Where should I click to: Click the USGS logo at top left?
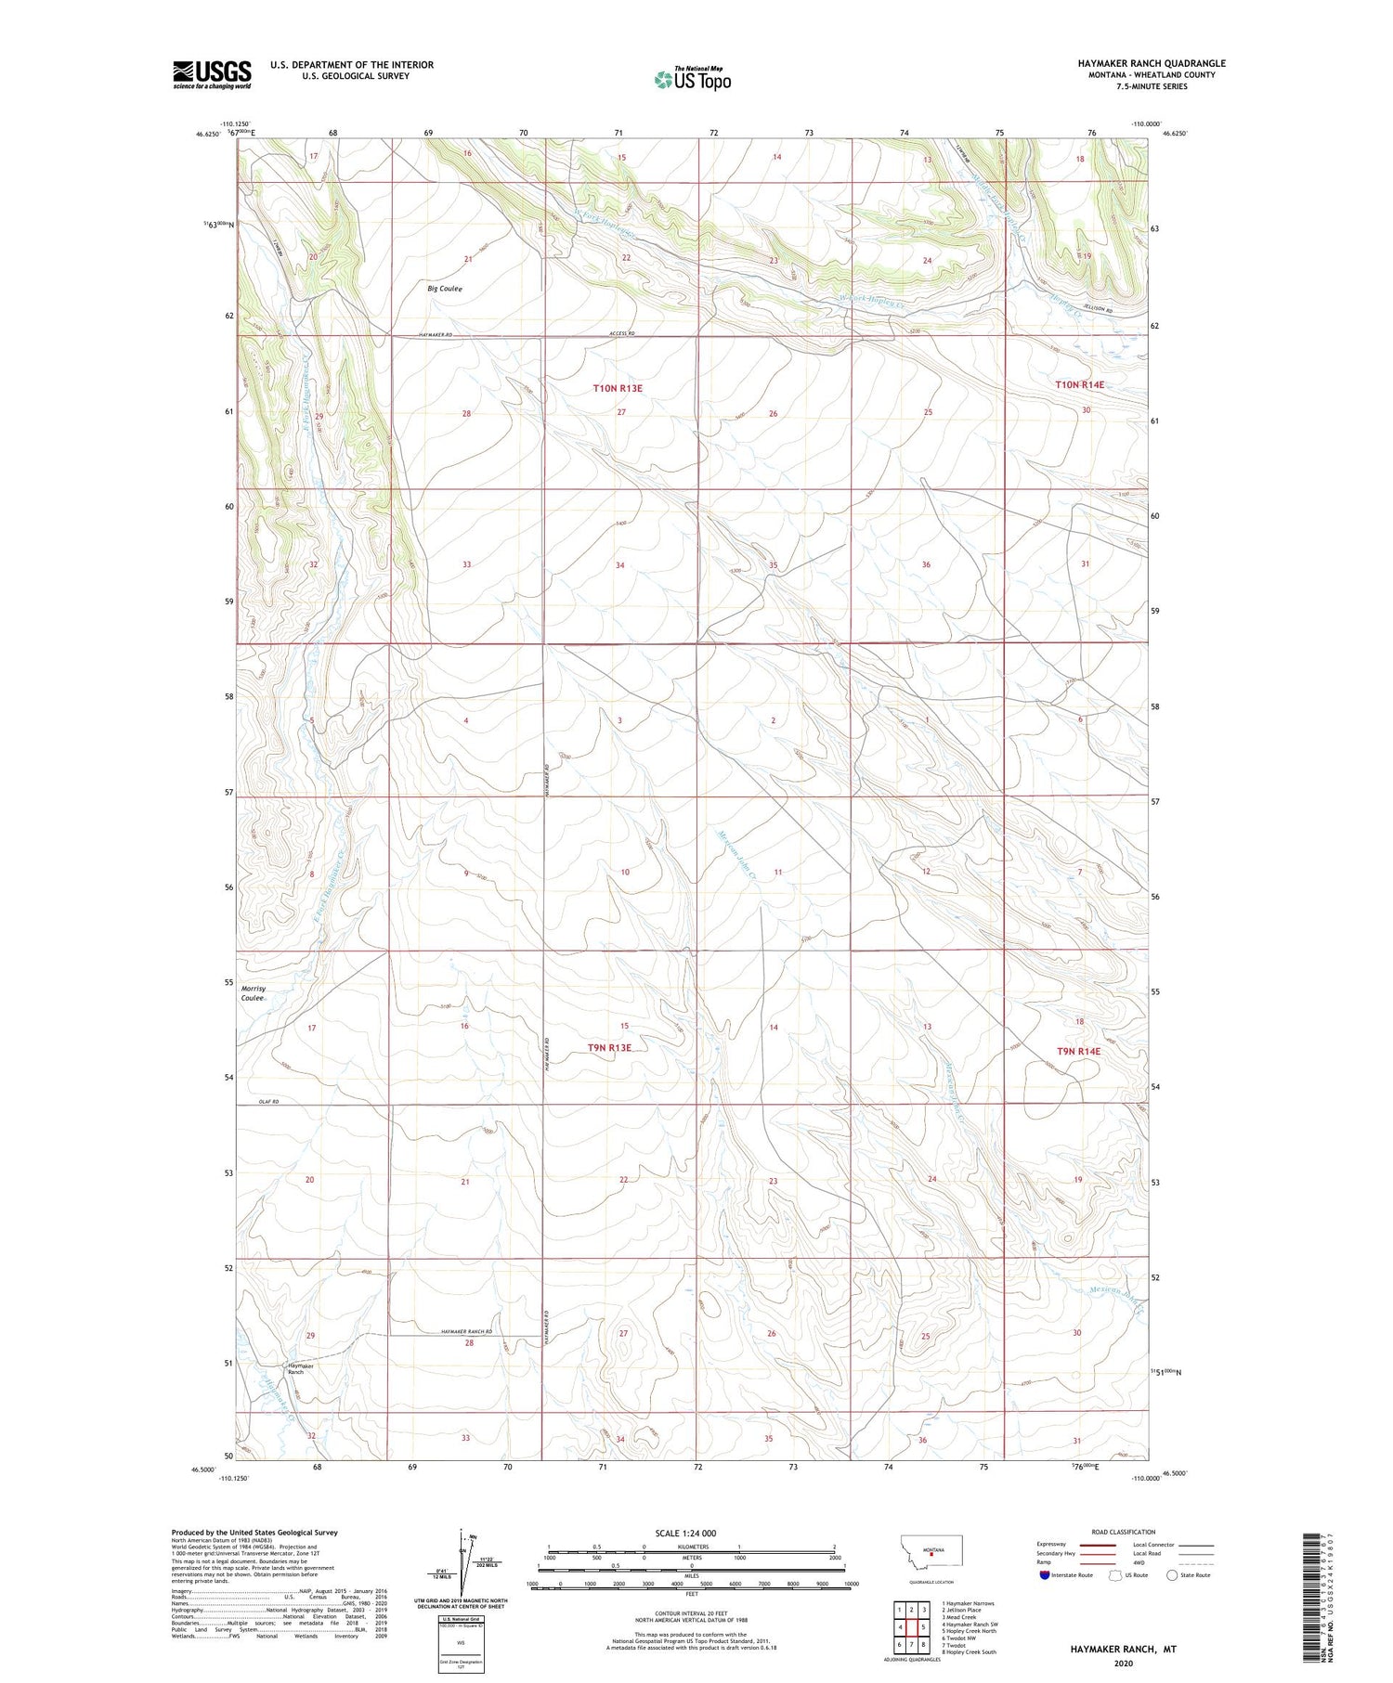tap(212, 74)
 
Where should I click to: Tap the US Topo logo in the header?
tap(692, 80)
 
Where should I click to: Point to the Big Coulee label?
tap(445, 289)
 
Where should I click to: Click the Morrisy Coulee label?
tap(254, 993)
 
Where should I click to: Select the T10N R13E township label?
tap(618, 388)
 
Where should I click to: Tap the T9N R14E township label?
tap(1078, 1051)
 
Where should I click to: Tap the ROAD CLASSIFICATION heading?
tap(1124, 1532)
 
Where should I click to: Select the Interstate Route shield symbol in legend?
tap(1045, 1575)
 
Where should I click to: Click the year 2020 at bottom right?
tap(1122, 1662)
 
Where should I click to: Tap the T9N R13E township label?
tap(609, 1048)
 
